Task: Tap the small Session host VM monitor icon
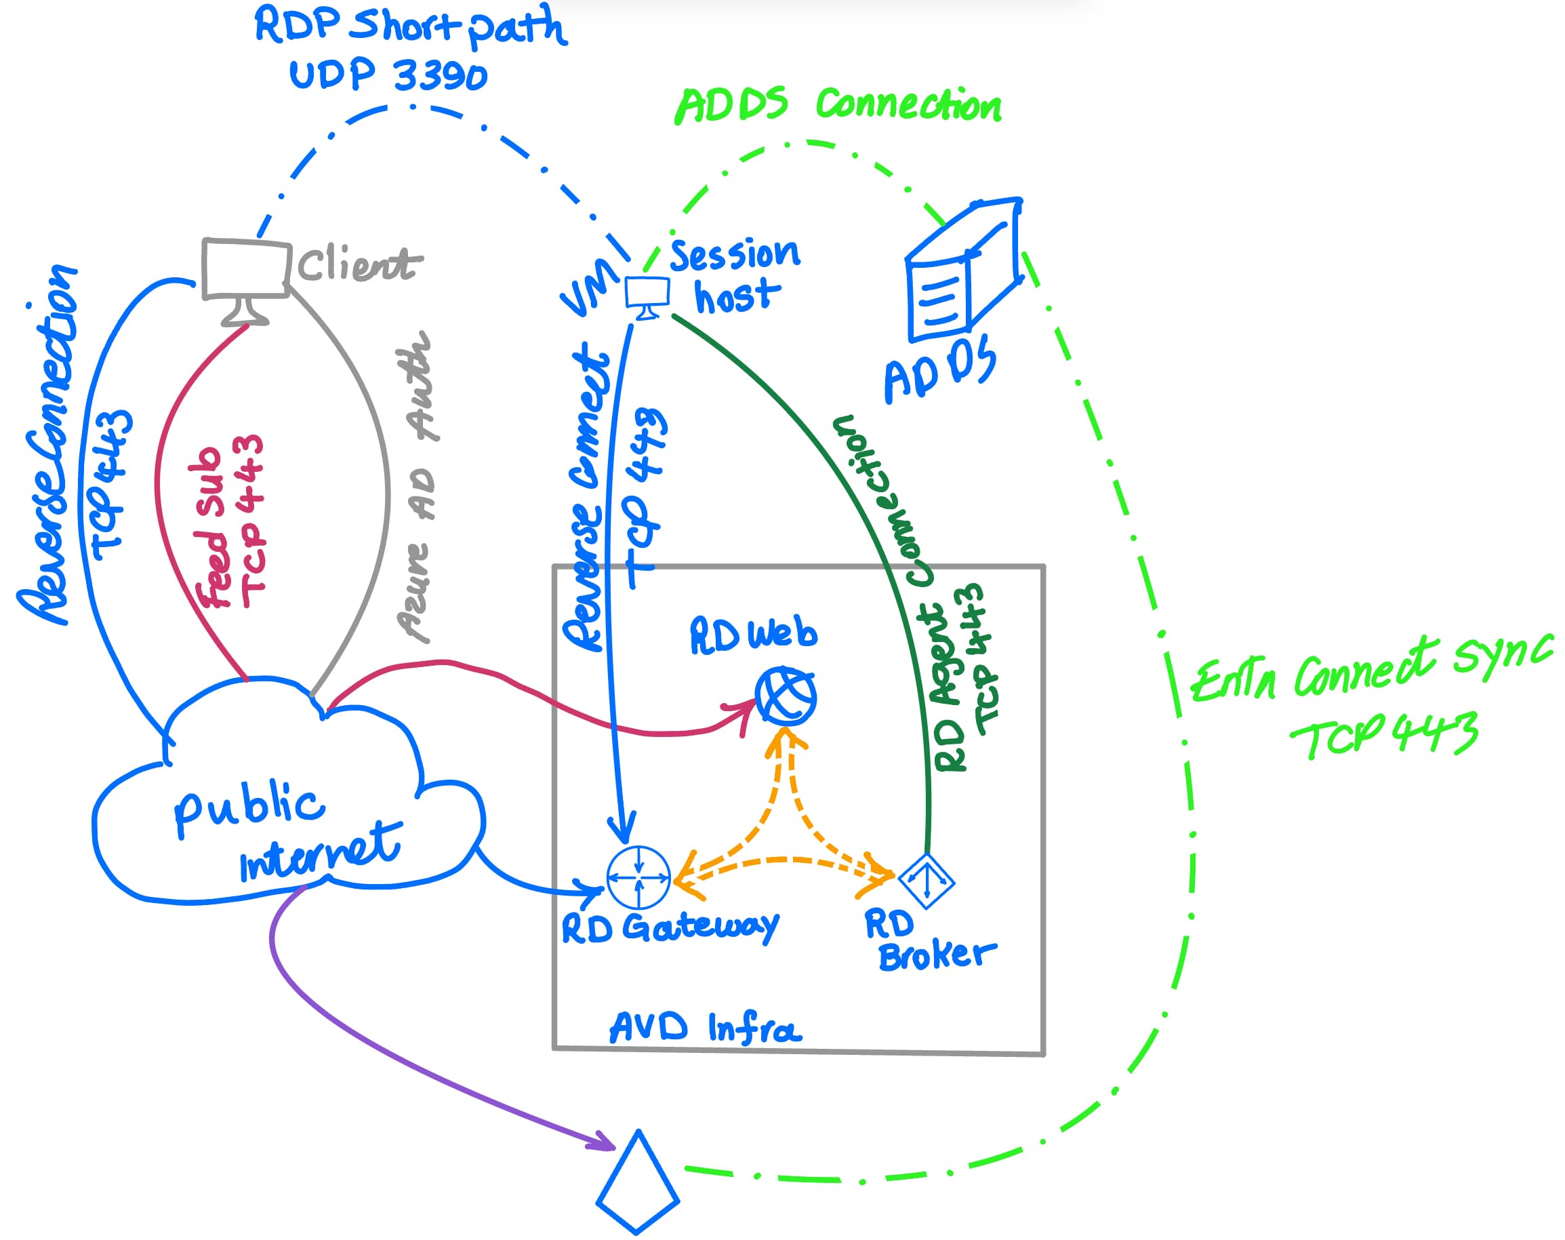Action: [x=647, y=295]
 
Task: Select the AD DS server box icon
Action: [x=962, y=270]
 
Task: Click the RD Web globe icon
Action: [x=786, y=696]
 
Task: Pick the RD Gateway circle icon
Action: [x=638, y=877]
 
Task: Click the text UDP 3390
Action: [x=388, y=75]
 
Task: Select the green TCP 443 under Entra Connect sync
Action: [x=1383, y=735]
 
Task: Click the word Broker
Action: [x=937, y=955]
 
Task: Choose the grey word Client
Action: [x=359, y=264]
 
